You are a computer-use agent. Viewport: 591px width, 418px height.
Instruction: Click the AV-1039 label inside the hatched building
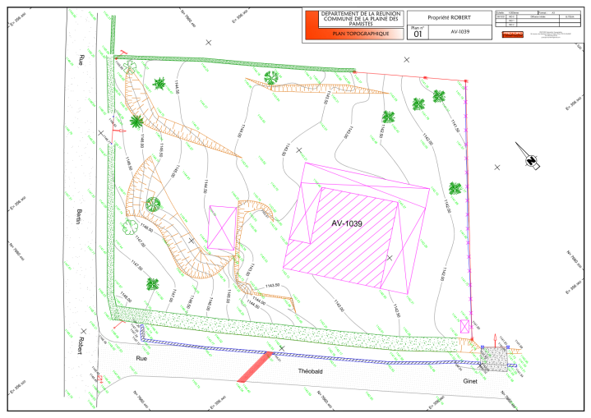(347, 223)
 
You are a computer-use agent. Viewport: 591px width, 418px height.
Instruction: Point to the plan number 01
(418, 35)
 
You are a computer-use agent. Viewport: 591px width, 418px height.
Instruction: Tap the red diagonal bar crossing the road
(256, 367)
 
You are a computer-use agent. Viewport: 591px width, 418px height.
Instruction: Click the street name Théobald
(312, 372)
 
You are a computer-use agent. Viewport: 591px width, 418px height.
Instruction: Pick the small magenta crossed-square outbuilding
(221, 227)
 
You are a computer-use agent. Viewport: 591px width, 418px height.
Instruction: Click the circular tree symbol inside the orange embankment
(152, 204)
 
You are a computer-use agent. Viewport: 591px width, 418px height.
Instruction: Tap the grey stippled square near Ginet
(493, 356)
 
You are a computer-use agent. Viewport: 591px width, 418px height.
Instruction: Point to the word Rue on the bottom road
(142, 359)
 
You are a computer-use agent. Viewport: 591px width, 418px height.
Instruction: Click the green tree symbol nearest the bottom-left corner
(153, 284)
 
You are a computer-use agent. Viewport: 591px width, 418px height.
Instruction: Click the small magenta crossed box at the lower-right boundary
(466, 327)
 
